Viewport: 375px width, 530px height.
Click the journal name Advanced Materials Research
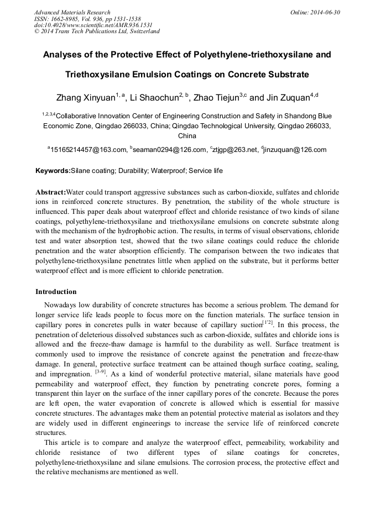click(x=72, y=12)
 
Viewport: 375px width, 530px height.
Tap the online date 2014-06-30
click(x=324, y=12)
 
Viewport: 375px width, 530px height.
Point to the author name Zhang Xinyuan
click(x=85, y=98)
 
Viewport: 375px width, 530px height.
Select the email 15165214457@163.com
click(x=89, y=150)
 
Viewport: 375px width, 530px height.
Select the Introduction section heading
click(x=56, y=292)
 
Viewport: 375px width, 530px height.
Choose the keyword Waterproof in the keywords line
click(x=166, y=171)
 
